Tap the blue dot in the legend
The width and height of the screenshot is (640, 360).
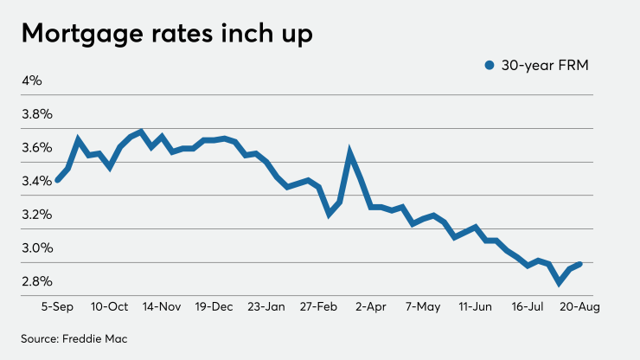click(x=490, y=65)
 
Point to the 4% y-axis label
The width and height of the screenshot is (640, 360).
click(x=32, y=80)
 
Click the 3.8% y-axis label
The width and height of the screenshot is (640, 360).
click(x=37, y=114)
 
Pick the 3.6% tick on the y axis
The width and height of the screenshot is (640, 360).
click(x=37, y=147)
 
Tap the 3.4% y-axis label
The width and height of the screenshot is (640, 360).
click(x=37, y=181)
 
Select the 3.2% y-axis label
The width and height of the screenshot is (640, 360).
click(x=37, y=215)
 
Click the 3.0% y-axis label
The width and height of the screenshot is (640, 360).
click(x=37, y=248)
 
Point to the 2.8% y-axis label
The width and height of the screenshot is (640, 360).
click(x=37, y=281)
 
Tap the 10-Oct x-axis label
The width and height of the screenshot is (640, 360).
click(x=109, y=307)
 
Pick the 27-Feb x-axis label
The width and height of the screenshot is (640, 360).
click(x=317, y=307)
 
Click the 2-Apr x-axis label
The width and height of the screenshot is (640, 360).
click(x=370, y=307)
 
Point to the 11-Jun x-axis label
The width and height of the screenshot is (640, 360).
click(x=475, y=307)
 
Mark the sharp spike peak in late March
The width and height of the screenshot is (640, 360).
click(x=350, y=154)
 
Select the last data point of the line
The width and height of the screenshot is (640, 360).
click(x=580, y=264)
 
